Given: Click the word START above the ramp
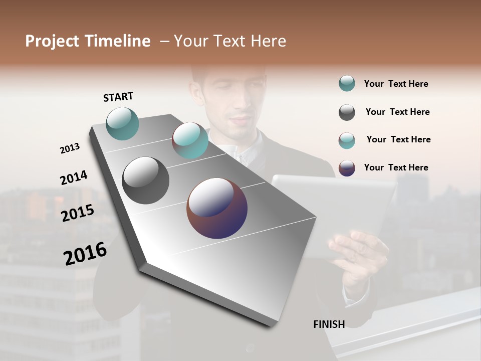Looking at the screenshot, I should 118,96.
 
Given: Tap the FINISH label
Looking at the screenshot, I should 329,324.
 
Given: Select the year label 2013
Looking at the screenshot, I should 70,148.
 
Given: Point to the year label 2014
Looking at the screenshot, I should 74,177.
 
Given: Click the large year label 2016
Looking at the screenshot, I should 85,254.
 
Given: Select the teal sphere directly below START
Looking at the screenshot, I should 123,123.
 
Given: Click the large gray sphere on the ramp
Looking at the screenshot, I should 146,180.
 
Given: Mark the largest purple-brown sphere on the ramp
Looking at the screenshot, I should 217,208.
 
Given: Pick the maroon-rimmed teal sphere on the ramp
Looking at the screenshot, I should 190,140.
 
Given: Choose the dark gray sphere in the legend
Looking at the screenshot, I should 347,112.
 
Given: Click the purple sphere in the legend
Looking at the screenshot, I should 347,168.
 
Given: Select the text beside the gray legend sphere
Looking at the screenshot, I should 397,112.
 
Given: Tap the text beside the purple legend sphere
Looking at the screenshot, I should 396,167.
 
